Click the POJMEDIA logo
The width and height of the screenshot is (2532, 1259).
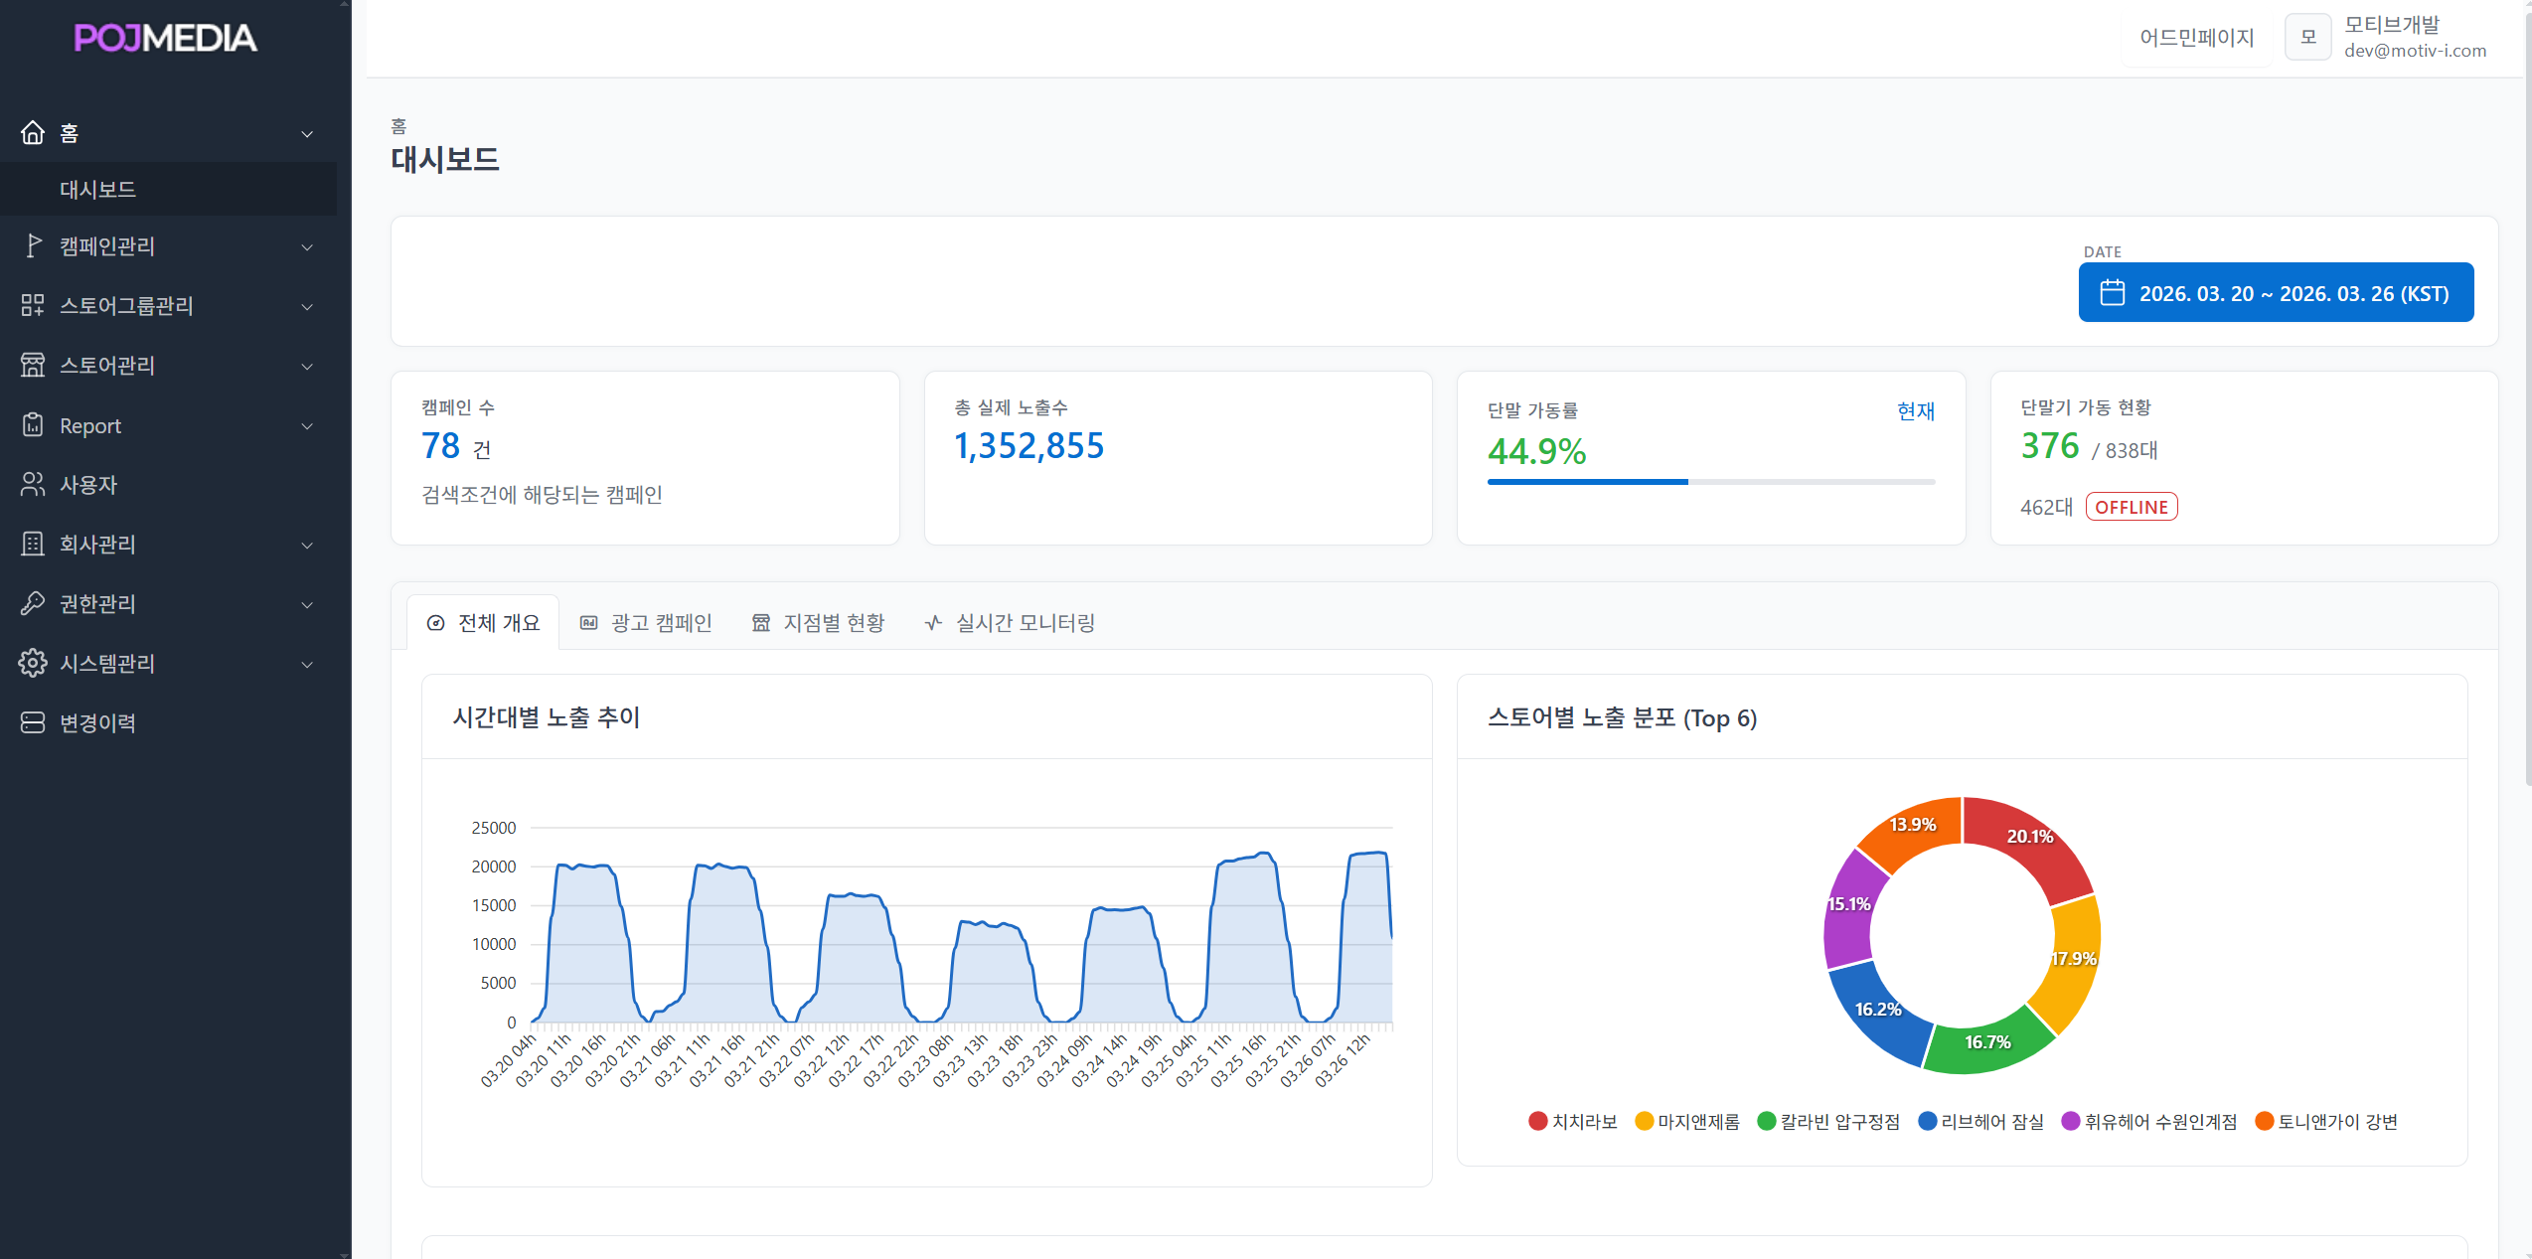point(165,38)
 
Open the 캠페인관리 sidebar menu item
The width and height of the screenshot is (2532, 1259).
point(107,246)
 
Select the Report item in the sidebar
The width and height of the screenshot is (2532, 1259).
point(90,426)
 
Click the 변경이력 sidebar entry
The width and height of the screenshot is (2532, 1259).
point(97,723)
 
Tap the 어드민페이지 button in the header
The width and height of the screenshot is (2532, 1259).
point(2196,38)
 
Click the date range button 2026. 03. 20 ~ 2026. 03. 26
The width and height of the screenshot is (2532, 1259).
point(2276,293)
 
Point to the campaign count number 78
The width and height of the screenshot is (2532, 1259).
point(441,446)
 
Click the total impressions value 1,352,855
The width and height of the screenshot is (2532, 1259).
point(1029,446)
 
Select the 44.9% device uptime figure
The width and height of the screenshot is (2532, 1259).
point(1536,452)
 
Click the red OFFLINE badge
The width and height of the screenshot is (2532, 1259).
point(2132,507)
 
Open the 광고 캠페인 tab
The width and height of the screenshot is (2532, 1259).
point(647,623)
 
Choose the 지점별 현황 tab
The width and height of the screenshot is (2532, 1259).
point(819,623)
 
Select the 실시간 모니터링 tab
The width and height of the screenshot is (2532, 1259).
point(1011,623)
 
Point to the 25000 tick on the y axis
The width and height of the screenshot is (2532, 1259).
point(494,828)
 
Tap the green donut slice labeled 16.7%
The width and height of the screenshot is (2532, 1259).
point(1987,1043)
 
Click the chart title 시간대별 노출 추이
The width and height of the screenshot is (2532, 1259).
point(547,717)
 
